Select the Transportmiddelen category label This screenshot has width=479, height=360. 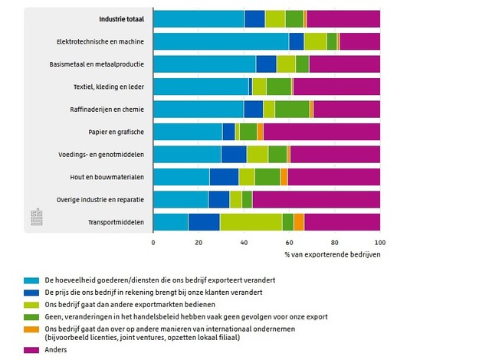coord(114,222)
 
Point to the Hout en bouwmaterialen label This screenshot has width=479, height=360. coord(110,177)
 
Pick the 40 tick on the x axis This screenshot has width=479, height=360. coord(244,243)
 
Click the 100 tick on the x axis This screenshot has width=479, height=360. coord(379,243)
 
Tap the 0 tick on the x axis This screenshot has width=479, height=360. coord(153,243)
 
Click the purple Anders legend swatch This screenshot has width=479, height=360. coord(31,349)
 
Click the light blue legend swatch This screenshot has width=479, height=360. coord(31,280)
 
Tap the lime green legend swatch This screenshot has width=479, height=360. coord(31,304)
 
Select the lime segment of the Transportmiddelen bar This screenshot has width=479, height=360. coord(251,222)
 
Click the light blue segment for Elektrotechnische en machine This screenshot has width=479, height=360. coord(221,41)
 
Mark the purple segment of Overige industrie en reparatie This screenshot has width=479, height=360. coord(316,199)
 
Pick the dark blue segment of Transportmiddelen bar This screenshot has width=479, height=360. coord(204,222)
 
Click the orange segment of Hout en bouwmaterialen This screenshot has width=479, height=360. coord(284,177)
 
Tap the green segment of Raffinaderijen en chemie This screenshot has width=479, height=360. coord(292,109)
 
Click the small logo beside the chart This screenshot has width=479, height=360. coord(35,217)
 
